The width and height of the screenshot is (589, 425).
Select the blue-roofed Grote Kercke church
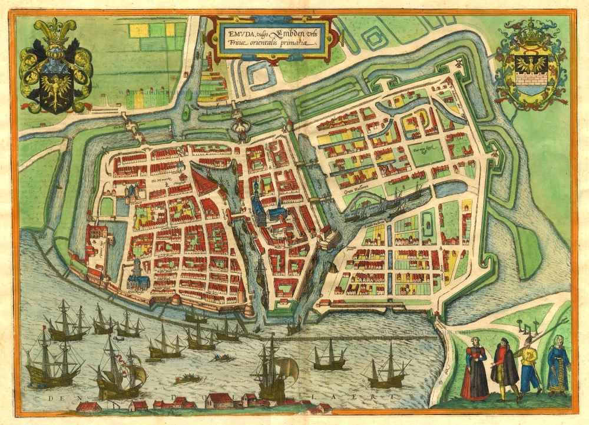pyautogui.click(x=137, y=272)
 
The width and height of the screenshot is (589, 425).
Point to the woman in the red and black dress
pyautogui.click(x=474, y=370)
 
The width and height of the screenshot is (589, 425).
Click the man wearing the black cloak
pyautogui.click(x=504, y=368)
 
